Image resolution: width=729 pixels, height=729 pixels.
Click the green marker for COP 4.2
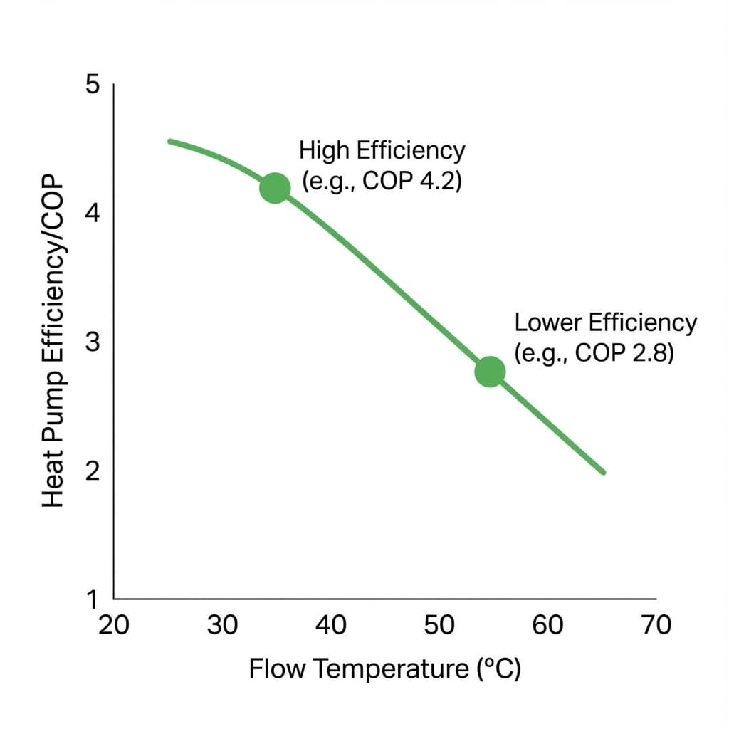275,188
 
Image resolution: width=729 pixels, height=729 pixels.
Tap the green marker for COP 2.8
490,371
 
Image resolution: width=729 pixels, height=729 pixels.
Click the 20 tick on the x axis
113,625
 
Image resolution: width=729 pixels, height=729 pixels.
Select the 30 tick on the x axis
221,625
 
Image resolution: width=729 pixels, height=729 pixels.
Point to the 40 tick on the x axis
330,625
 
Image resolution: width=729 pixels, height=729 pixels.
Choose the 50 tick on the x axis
439,625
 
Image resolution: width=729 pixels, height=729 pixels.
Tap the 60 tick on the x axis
547,625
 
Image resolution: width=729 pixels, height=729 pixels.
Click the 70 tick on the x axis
656,625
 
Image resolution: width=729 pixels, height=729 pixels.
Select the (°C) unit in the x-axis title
497,669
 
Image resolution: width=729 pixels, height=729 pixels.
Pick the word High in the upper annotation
324,151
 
